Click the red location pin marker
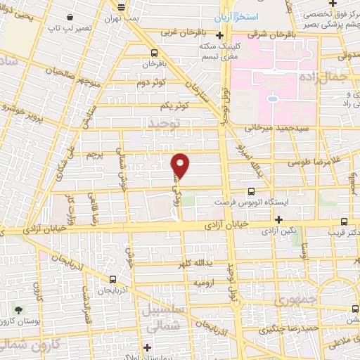click(181, 165)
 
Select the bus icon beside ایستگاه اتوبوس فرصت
click(251, 191)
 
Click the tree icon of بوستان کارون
click(18, 309)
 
